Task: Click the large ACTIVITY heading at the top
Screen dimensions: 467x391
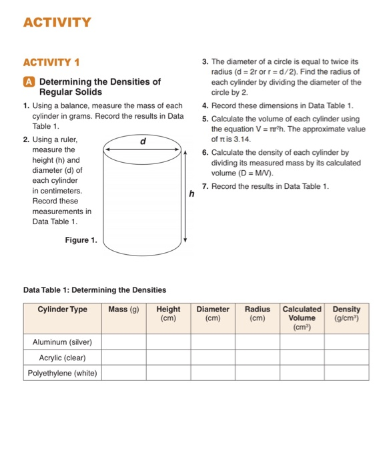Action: coord(57,23)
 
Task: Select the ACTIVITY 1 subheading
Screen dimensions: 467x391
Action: coord(51,63)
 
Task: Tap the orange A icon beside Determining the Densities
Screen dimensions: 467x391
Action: coord(29,82)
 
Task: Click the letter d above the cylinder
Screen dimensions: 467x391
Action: coord(142,141)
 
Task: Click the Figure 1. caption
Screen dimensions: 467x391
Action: coord(81,240)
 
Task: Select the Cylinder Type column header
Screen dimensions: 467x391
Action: coord(62,310)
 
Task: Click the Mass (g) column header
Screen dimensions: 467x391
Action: coord(123,310)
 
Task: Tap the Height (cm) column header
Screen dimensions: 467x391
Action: coord(168,314)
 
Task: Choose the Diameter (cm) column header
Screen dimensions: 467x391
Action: coord(213,314)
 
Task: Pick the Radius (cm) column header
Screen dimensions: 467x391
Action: coord(258,314)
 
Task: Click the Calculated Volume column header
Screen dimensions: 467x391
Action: coord(302,318)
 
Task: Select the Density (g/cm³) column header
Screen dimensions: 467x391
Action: coord(346,314)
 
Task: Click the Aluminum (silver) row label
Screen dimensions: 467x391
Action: coord(62,342)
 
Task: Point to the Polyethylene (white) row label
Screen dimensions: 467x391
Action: coord(62,373)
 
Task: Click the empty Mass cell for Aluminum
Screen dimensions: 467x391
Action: coord(123,342)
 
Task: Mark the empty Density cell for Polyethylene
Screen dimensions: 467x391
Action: coord(346,373)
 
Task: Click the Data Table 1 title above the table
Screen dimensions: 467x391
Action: coord(94,290)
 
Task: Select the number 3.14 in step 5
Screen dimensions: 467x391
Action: coord(238,139)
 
